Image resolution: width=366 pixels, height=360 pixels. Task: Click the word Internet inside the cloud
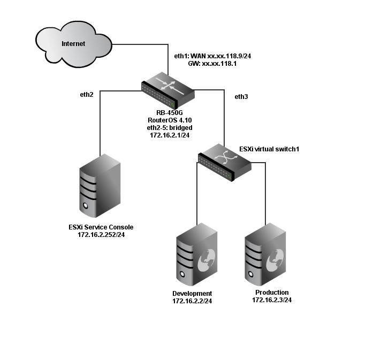(x=73, y=44)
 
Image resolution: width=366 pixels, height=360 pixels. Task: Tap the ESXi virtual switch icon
(x=224, y=161)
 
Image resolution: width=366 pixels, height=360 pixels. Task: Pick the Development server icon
(x=196, y=255)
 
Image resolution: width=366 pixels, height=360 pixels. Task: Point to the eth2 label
(x=86, y=95)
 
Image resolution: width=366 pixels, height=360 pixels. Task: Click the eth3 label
(x=242, y=97)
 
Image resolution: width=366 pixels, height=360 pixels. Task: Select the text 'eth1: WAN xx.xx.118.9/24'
(x=213, y=55)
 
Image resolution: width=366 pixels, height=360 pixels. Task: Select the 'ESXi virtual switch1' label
(x=269, y=148)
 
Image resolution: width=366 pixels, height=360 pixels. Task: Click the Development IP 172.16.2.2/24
(x=192, y=302)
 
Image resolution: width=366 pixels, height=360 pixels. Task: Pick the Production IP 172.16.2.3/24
(x=272, y=300)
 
